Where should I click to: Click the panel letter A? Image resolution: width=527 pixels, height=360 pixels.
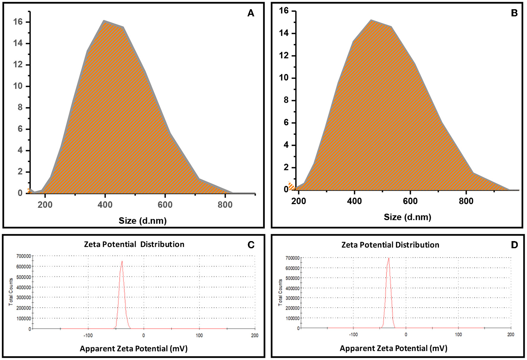251,13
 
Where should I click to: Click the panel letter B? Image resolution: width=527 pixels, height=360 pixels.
514,13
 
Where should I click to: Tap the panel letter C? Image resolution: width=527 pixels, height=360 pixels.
251,245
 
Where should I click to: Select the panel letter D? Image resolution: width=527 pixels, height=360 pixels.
514,245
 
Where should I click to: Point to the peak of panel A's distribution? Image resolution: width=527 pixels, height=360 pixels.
104,21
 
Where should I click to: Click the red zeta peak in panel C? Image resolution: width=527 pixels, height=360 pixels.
122,262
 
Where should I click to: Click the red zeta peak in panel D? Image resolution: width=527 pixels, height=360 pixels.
388,258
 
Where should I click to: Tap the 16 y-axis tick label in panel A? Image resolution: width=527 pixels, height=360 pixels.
18,22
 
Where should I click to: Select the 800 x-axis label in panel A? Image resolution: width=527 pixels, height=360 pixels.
225,205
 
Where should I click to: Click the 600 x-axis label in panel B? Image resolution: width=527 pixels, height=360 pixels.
410,201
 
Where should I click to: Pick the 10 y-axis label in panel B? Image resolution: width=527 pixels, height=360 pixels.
284,78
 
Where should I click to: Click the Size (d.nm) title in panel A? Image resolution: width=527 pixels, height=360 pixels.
142,221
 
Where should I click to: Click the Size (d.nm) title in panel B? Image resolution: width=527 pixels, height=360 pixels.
407,217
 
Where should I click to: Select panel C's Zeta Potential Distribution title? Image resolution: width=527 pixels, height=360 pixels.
134,244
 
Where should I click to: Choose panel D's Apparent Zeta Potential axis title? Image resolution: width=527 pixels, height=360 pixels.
393,348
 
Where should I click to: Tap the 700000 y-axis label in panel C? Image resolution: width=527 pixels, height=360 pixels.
23,256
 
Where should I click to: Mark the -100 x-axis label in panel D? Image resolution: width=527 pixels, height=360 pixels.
353,334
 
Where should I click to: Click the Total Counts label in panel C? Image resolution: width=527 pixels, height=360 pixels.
11,292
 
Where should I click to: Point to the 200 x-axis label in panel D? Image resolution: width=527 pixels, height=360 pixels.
510,334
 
